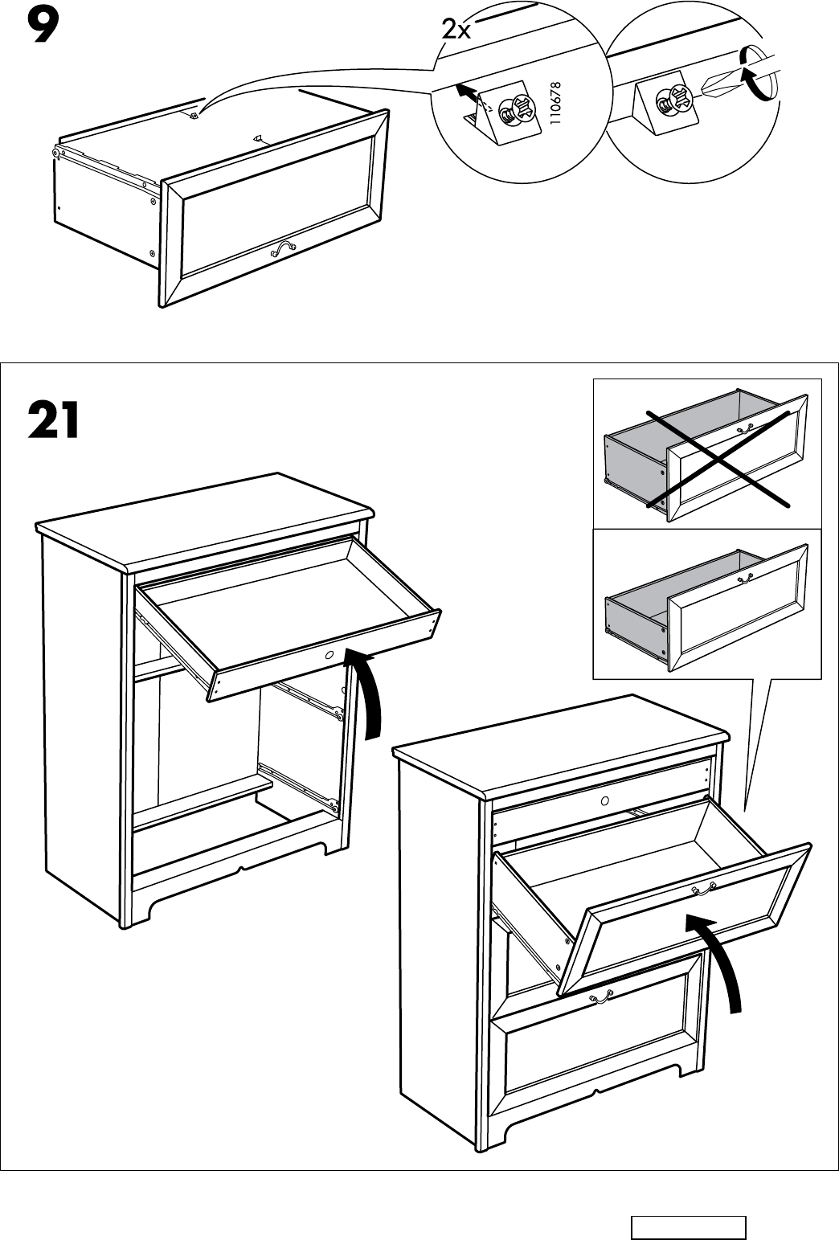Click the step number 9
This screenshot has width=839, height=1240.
pos(42,27)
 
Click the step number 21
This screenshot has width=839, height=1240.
pos(54,420)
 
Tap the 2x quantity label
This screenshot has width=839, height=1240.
pos(456,30)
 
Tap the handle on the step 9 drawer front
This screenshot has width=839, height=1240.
pos(283,249)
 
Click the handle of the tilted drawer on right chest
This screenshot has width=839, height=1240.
pos(703,889)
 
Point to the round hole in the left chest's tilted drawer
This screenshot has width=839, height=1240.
pos(329,656)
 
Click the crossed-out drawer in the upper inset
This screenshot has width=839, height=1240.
pos(706,454)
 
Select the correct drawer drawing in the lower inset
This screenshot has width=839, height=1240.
pos(706,603)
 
